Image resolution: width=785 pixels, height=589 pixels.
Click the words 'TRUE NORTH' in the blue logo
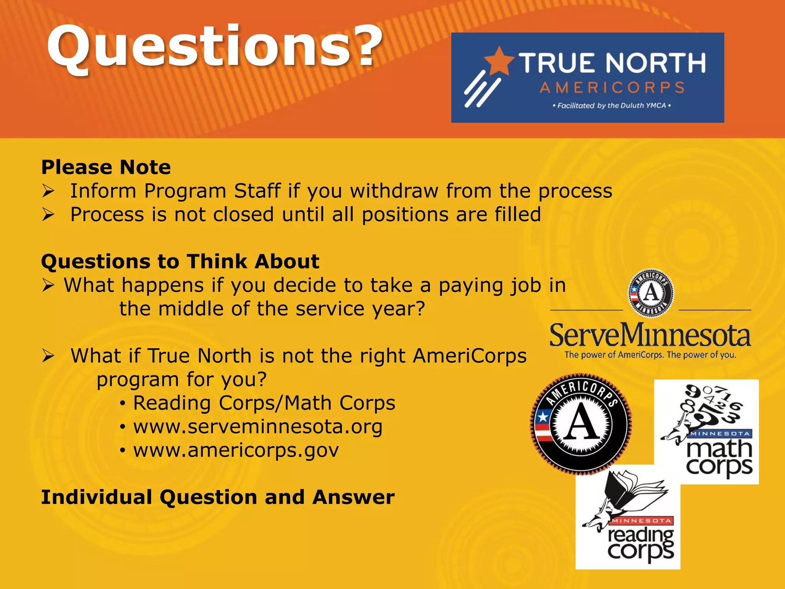pyautogui.click(x=612, y=63)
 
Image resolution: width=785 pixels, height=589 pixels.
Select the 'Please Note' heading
pyautogui.click(x=106, y=167)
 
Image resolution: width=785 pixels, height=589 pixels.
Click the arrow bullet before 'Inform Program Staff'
pyautogui.click(x=48, y=191)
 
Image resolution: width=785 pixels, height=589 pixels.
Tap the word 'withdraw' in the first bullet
pyautogui.click(x=394, y=191)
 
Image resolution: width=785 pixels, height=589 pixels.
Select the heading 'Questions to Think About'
pyautogui.click(x=180, y=262)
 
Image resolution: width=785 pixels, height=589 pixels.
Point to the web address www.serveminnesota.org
pyautogui.click(x=258, y=427)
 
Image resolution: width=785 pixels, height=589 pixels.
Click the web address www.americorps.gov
pyautogui.click(x=236, y=450)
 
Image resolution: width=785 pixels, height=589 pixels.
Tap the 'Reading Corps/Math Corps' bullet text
pyautogui.click(x=264, y=403)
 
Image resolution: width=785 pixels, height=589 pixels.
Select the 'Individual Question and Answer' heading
pyautogui.click(x=218, y=497)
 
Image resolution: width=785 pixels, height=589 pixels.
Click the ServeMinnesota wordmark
pyautogui.click(x=650, y=335)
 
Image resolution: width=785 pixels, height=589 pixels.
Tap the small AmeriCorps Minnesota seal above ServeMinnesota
pyautogui.click(x=651, y=293)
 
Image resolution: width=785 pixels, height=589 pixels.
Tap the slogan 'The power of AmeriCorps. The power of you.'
pyautogui.click(x=650, y=355)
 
